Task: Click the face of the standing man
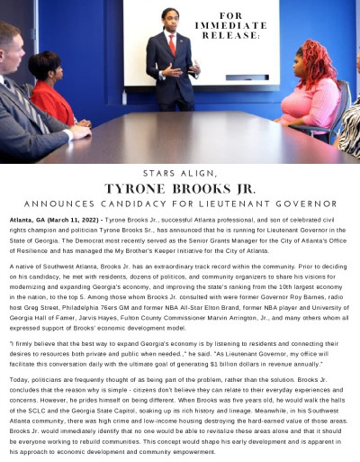(x=171, y=21)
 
